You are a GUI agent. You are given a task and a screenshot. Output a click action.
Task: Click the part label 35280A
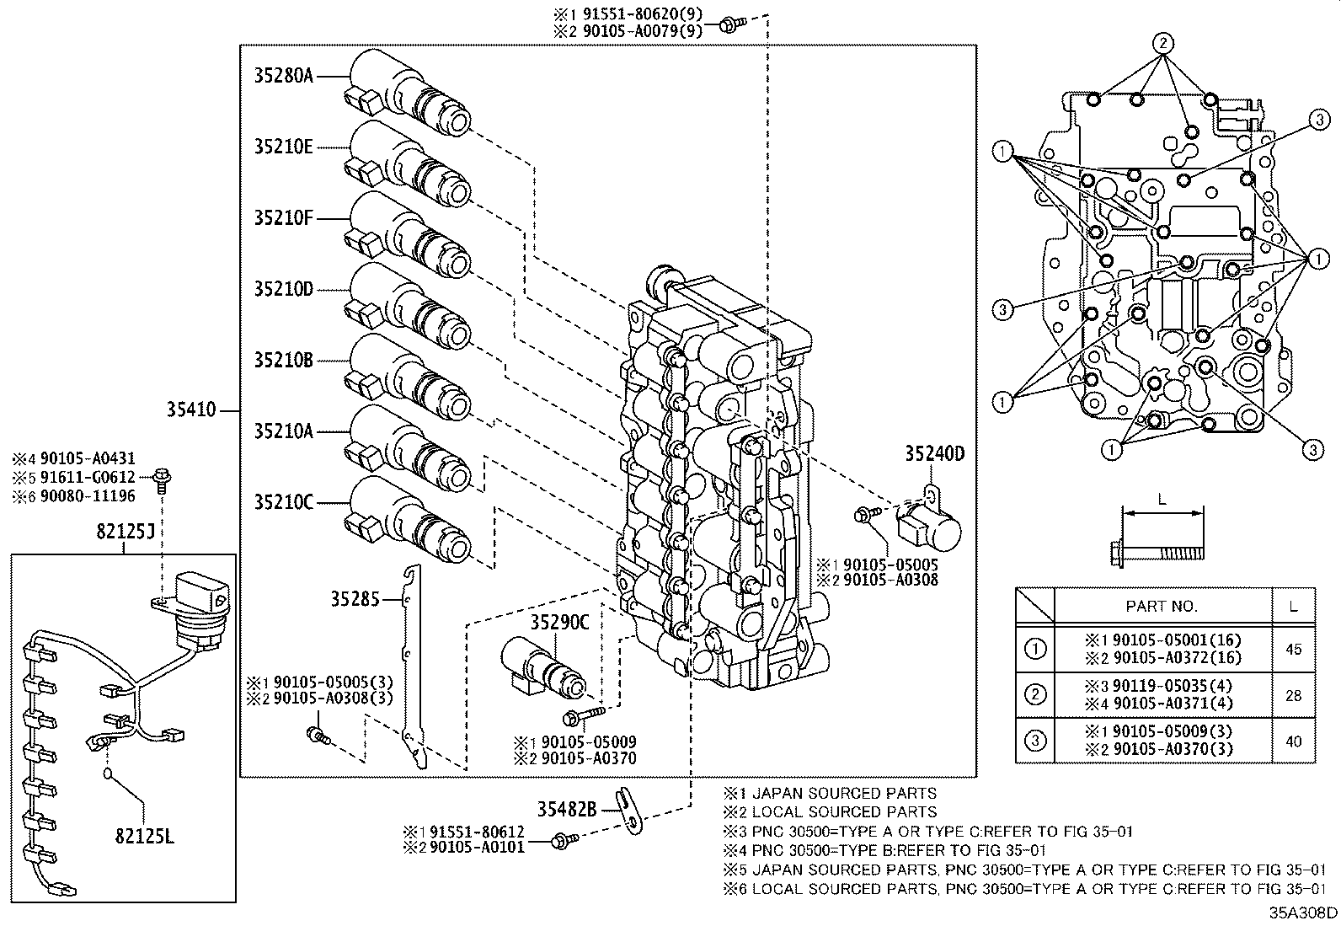(283, 76)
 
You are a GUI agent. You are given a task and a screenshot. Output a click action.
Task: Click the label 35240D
(934, 454)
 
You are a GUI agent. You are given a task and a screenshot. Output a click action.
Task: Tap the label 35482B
(567, 810)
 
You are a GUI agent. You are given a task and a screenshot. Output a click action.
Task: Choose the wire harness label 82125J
(123, 532)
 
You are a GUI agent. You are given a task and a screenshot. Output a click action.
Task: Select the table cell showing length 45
(1293, 649)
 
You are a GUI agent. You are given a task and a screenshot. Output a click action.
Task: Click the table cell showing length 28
(1293, 695)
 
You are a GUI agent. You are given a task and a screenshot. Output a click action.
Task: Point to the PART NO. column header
(1162, 606)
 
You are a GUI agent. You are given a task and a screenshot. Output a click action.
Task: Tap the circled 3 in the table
(1035, 741)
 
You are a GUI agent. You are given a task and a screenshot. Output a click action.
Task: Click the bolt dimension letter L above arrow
(1162, 500)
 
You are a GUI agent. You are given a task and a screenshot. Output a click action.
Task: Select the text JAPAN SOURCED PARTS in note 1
(843, 794)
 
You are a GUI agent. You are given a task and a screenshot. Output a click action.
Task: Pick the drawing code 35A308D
(1303, 913)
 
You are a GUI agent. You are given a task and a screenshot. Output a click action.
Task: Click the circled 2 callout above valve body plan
(1162, 42)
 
